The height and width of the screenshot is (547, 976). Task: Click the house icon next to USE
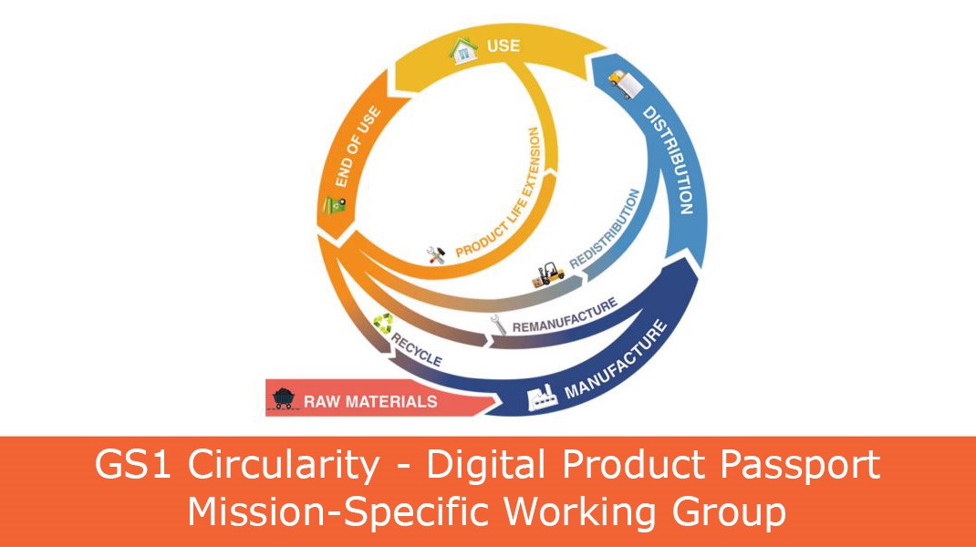click(x=463, y=50)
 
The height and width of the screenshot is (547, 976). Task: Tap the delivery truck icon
click(x=625, y=84)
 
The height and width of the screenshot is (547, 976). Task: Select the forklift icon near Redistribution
click(x=548, y=274)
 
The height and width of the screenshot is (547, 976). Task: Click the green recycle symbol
click(x=383, y=324)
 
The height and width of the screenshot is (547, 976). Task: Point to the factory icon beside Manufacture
click(x=542, y=397)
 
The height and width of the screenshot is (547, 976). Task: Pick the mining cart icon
click(x=284, y=397)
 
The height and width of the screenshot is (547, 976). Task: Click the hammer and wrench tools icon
click(x=436, y=254)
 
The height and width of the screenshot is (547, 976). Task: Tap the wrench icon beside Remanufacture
click(x=498, y=325)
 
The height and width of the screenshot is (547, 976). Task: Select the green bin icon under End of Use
click(x=334, y=205)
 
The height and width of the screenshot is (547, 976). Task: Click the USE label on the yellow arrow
click(x=503, y=45)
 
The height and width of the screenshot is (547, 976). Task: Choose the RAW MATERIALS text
click(x=370, y=401)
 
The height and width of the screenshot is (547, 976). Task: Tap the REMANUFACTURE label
click(x=566, y=315)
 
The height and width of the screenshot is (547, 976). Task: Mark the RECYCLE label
click(x=417, y=349)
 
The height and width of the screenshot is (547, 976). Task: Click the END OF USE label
click(x=358, y=146)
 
